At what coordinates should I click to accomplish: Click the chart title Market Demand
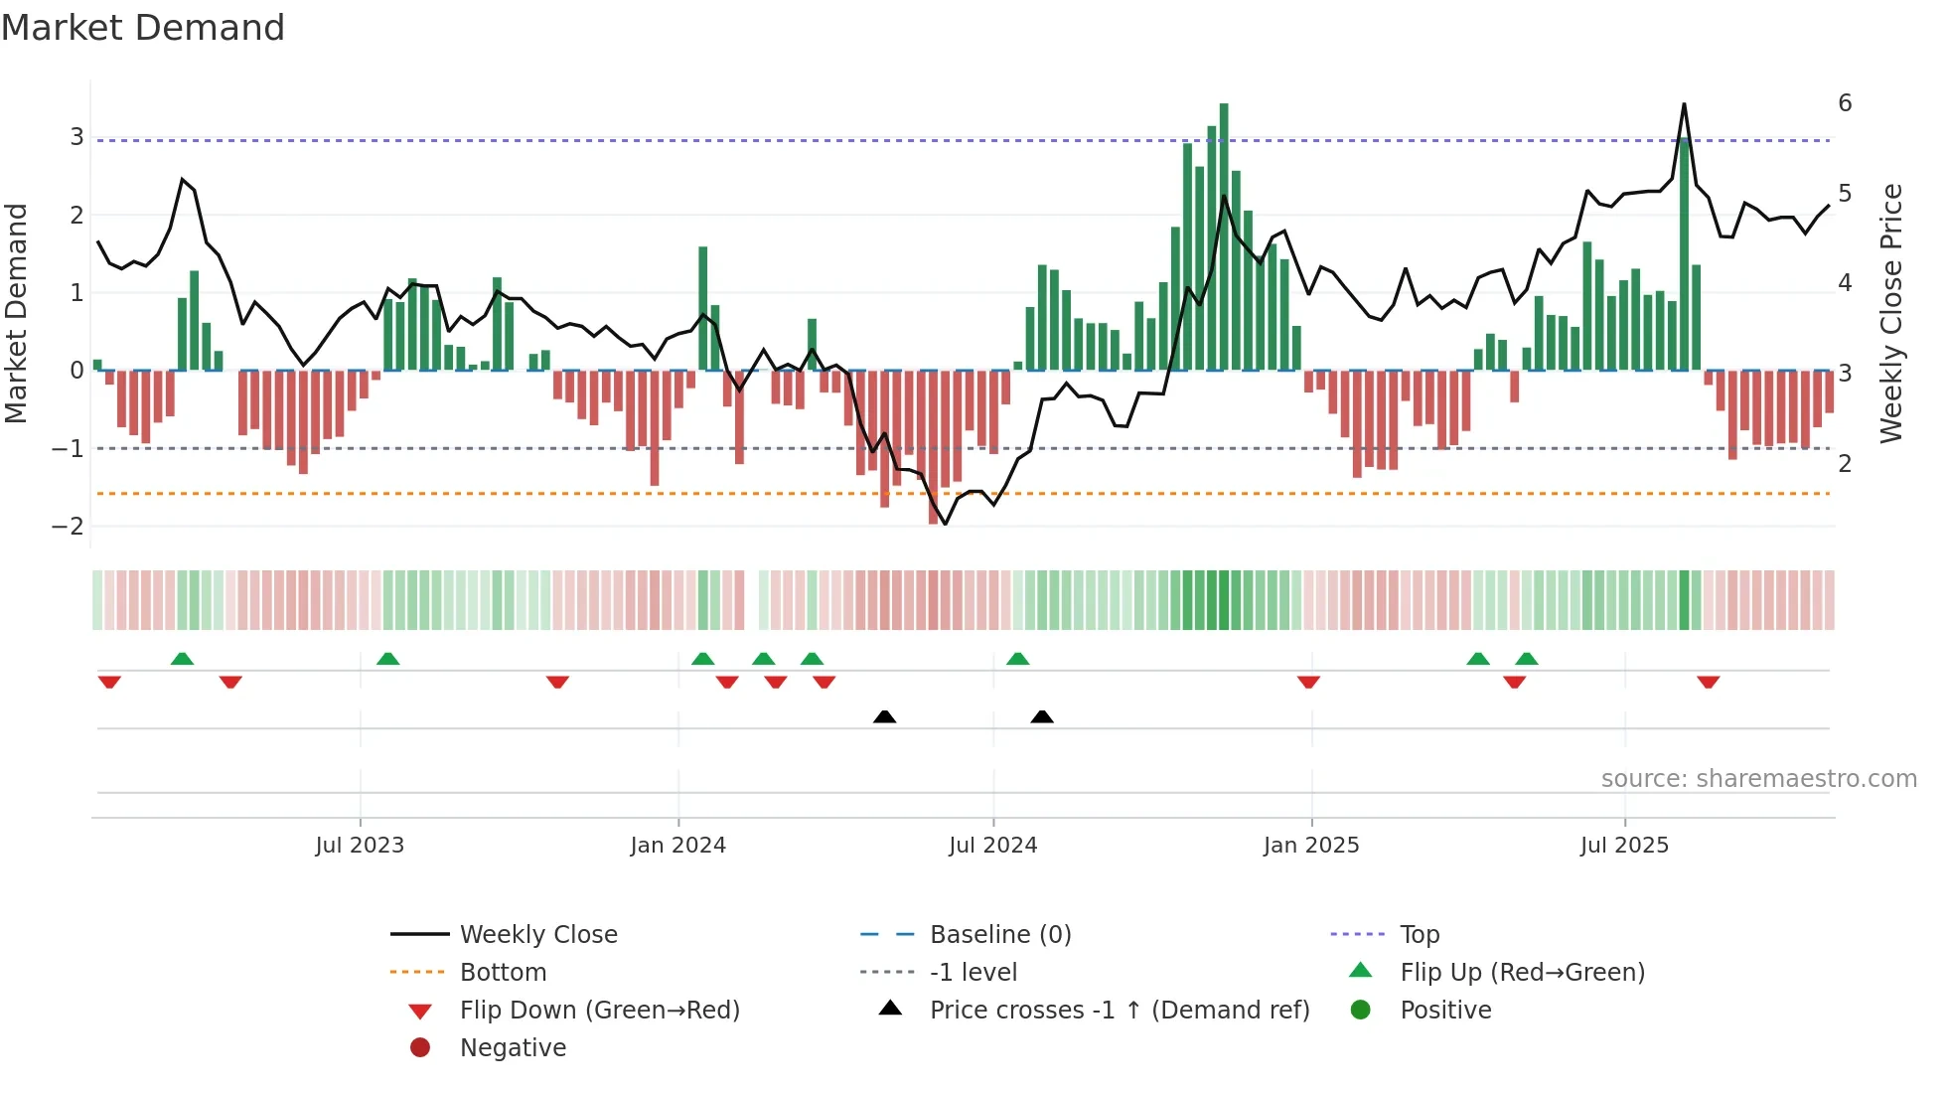pos(143,28)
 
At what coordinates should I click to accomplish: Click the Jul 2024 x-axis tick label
pos(992,846)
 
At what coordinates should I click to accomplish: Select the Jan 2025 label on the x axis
pos(1310,846)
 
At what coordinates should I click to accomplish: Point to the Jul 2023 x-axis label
pos(360,846)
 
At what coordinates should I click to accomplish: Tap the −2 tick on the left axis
pos(68,527)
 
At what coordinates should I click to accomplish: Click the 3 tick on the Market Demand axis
pos(76,137)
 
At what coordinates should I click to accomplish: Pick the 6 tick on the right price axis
pos(1845,103)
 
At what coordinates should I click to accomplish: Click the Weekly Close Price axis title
pos(1891,313)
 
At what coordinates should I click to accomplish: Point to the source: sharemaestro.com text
pos(1758,779)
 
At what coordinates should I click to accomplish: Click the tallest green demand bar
pos(1224,238)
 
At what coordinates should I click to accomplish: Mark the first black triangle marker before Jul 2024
pos(884,716)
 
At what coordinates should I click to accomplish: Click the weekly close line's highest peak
pos(1684,105)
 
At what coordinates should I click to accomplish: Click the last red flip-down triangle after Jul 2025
pos(1708,682)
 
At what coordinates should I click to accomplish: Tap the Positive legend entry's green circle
pos(1361,1011)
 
